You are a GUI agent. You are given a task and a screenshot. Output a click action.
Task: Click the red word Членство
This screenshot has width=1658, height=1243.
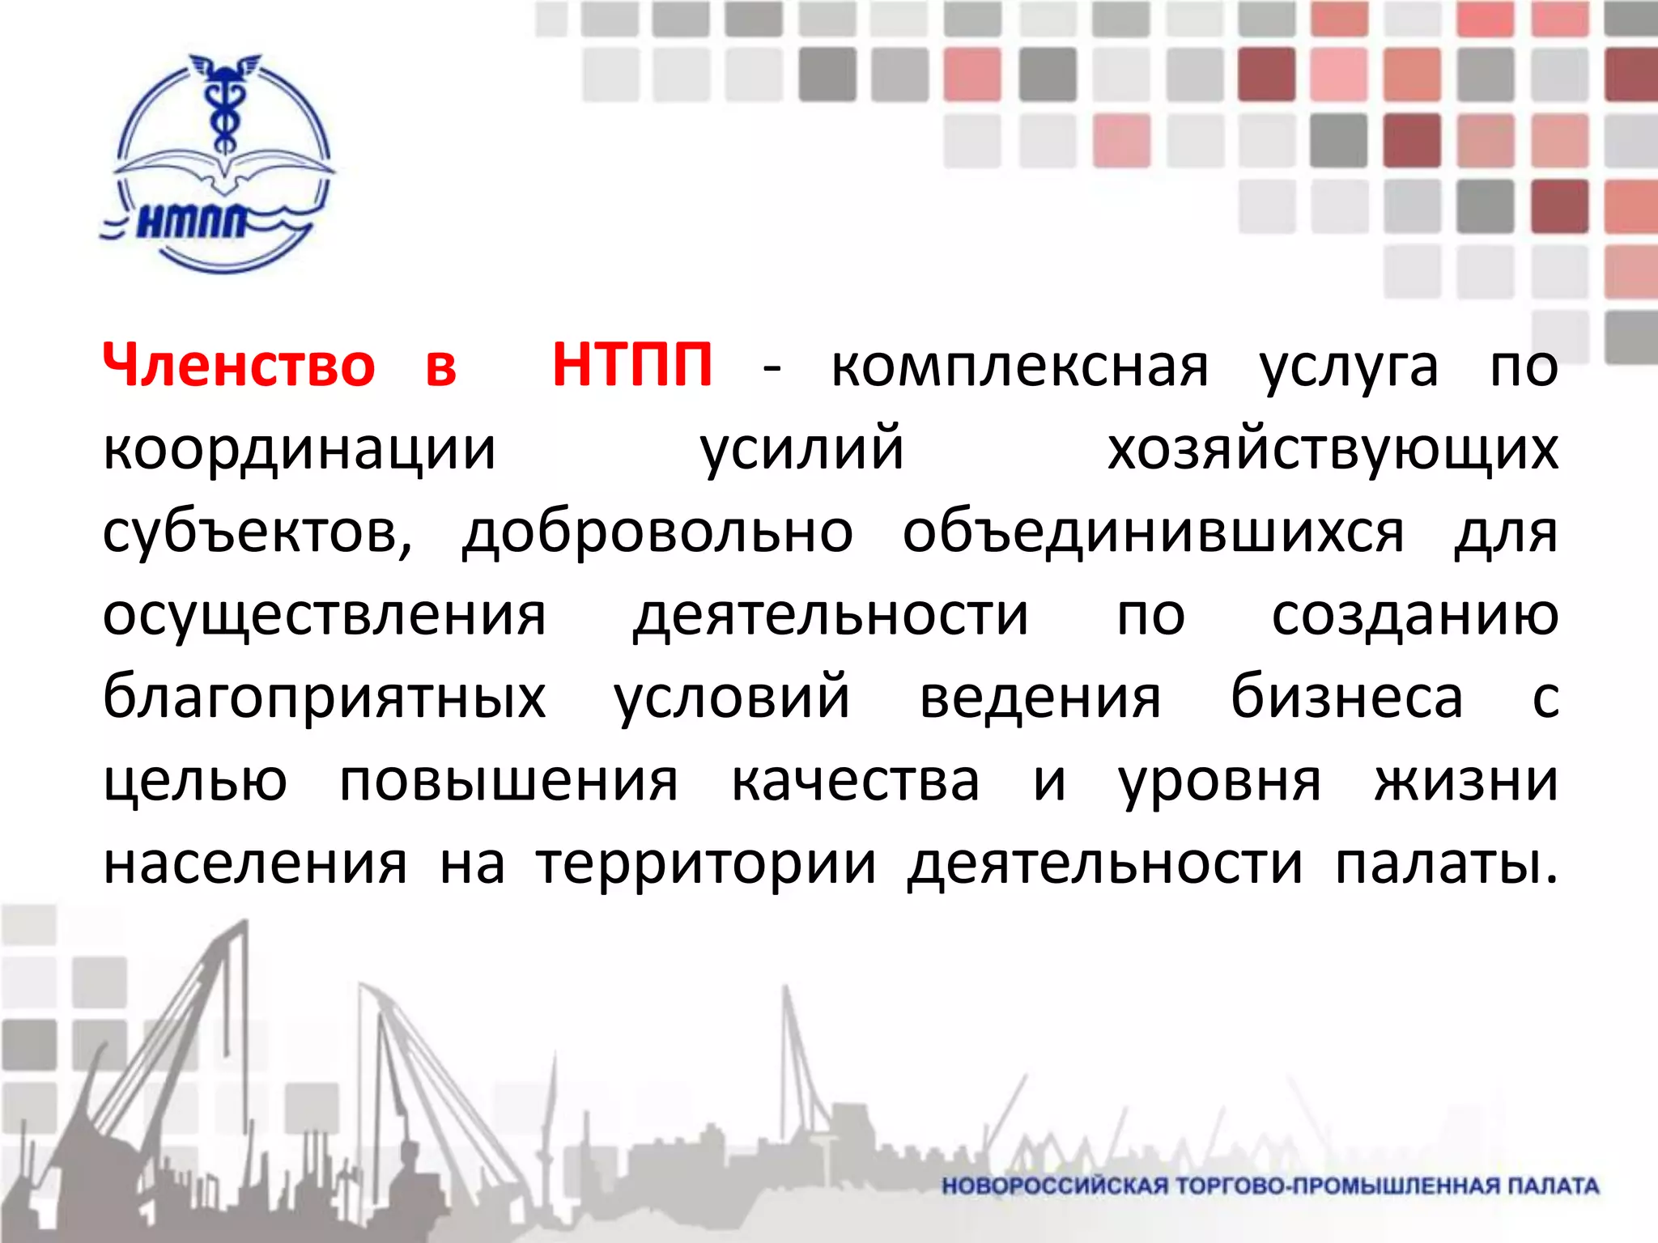[239, 366]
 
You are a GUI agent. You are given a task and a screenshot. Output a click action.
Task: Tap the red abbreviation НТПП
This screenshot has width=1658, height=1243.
[632, 366]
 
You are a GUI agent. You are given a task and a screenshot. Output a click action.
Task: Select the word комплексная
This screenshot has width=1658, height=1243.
[1019, 367]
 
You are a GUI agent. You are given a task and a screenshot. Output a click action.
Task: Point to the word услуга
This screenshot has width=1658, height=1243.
[1349, 369]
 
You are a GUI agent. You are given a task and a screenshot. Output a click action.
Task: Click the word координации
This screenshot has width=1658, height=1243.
[300, 452]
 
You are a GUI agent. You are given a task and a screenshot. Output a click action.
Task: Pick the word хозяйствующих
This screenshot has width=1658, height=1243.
[1333, 452]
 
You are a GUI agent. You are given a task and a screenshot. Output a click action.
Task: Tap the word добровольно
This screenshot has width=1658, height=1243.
[657, 534]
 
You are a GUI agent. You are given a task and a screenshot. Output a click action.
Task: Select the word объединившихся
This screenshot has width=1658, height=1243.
[1154, 534]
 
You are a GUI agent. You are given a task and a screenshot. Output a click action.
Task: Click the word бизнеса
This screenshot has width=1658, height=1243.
[1347, 698]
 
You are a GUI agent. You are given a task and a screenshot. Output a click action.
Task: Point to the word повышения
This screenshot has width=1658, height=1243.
[508, 783]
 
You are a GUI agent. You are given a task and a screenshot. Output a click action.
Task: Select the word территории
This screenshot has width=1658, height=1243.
[707, 866]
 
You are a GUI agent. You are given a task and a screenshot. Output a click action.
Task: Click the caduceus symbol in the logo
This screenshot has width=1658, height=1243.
[220, 105]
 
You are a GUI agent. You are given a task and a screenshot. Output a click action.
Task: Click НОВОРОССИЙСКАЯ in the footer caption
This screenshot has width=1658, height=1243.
[1055, 1186]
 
